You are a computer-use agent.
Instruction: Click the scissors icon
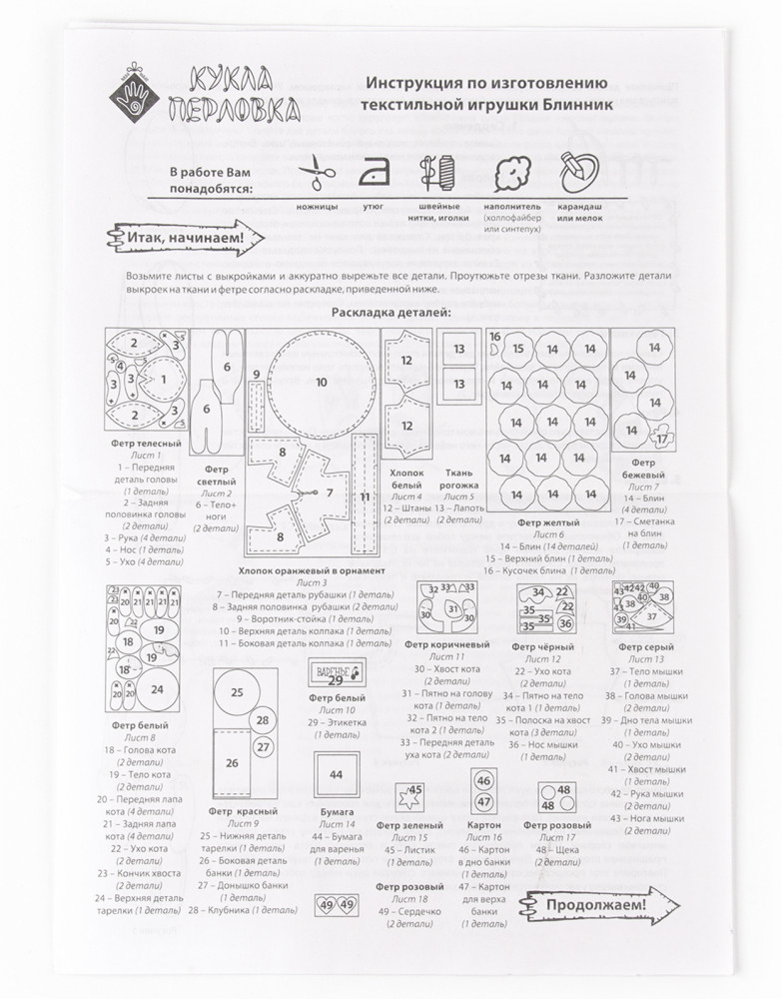click(317, 171)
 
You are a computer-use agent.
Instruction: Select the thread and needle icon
click(436, 172)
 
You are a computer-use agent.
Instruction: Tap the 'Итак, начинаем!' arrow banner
click(179, 239)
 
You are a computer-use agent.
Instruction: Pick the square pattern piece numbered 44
click(336, 774)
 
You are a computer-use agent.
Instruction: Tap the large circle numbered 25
click(237, 692)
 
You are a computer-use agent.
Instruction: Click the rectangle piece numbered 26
click(232, 762)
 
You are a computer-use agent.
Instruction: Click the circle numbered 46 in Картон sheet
click(483, 780)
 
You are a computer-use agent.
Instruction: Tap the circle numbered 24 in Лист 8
click(157, 688)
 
